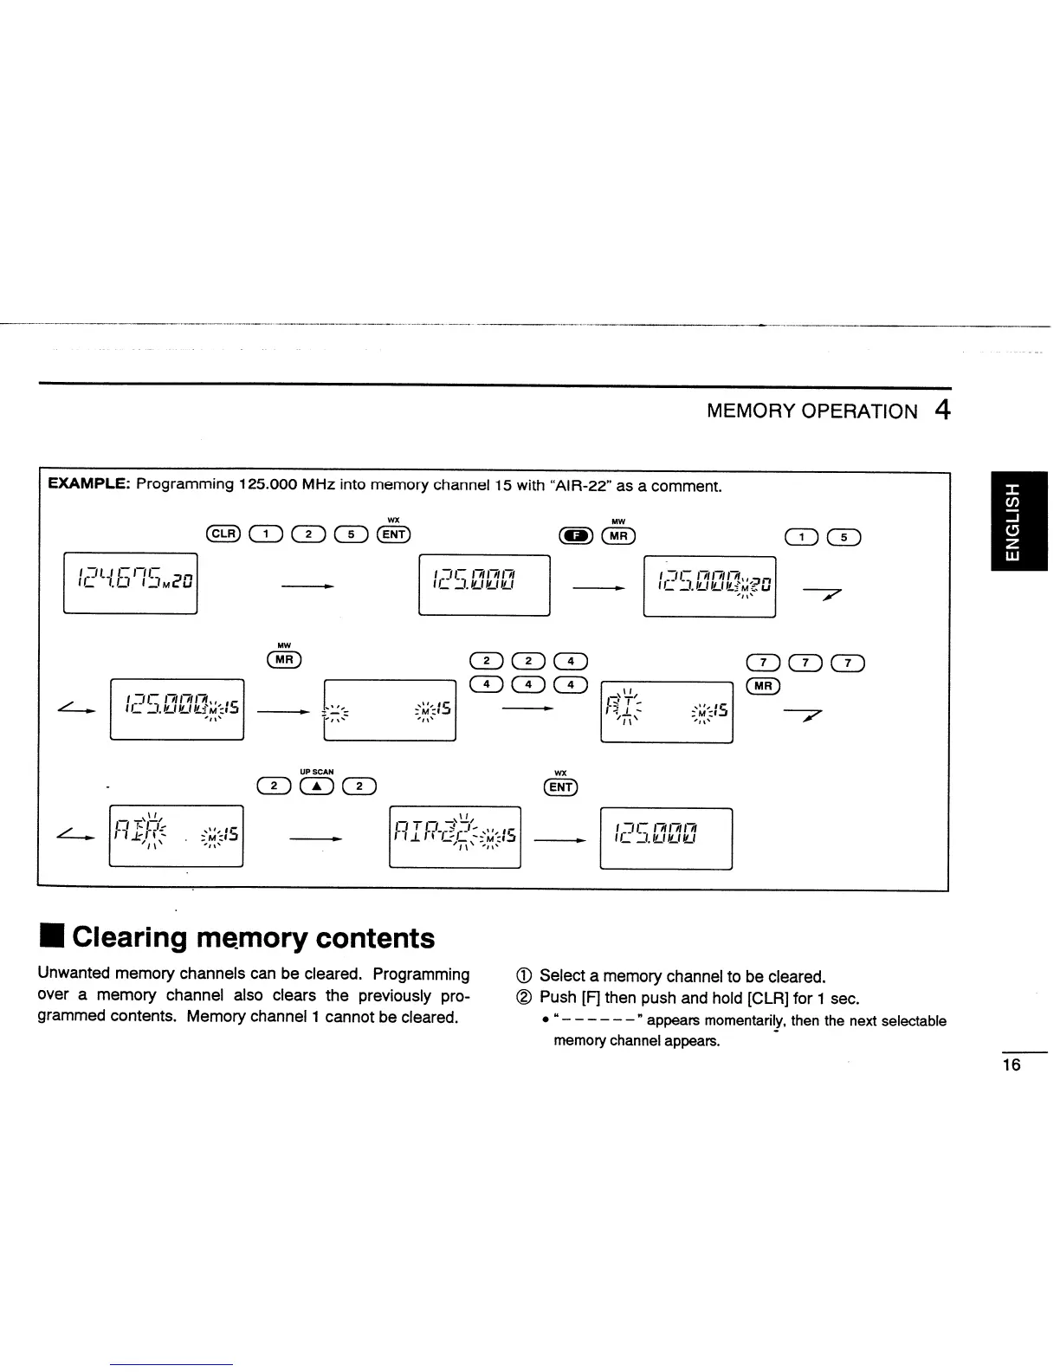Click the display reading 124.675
click(131, 582)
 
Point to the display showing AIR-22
click(455, 835)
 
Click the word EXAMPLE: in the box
click(88, 485)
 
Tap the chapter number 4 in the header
click(942, 410)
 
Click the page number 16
click(1012, 1065)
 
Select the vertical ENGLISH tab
click(1018, 521)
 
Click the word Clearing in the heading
click(130, 938)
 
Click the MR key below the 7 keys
click(763, 686)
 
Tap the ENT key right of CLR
click(393, 534)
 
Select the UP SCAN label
click(316, 772)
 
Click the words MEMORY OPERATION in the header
click(811, 411)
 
